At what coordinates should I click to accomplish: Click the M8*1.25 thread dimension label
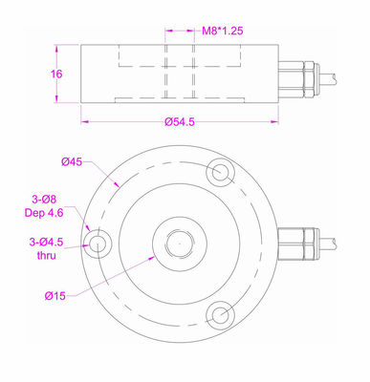[223, 31]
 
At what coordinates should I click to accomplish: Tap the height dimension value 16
[56, 74]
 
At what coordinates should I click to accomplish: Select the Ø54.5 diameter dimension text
[180, 122]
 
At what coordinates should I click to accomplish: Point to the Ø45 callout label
[72, 162]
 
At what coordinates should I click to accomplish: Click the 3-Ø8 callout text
[44, 200]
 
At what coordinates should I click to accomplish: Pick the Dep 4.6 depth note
[44, 213]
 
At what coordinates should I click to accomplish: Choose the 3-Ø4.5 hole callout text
[46, 243]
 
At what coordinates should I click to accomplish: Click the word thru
[47, 255]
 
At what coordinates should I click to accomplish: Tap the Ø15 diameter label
[55, 296]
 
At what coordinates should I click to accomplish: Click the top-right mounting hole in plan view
[221, 172]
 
